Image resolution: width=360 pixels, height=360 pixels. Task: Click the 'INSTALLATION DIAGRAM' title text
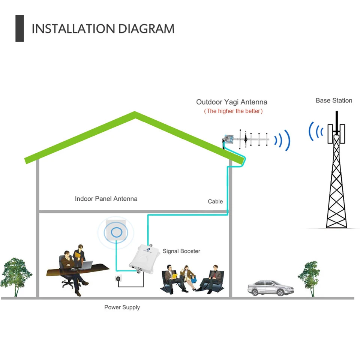click(103, 29)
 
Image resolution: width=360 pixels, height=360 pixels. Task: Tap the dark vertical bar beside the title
click(19, 28)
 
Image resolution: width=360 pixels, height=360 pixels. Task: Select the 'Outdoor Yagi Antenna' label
click(232, 102)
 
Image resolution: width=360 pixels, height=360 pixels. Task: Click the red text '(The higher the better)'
click(233, 111)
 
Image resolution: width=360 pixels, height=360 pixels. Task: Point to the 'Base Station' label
click(334, 100)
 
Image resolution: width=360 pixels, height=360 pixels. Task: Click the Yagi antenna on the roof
click(246, 139)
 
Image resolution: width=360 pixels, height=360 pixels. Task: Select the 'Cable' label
click(215, 201)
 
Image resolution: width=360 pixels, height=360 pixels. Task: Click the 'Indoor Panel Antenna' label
click(106, 199)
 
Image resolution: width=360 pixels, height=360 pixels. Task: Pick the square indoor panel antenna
click(116, 230)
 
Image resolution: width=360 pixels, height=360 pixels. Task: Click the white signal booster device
click(142, 259)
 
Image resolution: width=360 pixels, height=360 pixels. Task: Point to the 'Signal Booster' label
click(181, 251)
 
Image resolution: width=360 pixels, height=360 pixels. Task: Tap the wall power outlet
click(118, 279)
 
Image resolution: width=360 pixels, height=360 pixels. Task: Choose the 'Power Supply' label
click(122, 307)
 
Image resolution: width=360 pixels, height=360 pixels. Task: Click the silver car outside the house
click(271, 288)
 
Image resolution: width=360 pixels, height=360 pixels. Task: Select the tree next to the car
click(309, 278)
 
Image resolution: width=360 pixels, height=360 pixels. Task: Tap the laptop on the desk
click(86, 265)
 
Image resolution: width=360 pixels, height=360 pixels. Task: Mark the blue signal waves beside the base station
click(316, 131)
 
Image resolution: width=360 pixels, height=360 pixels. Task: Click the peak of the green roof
click(135, 112)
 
